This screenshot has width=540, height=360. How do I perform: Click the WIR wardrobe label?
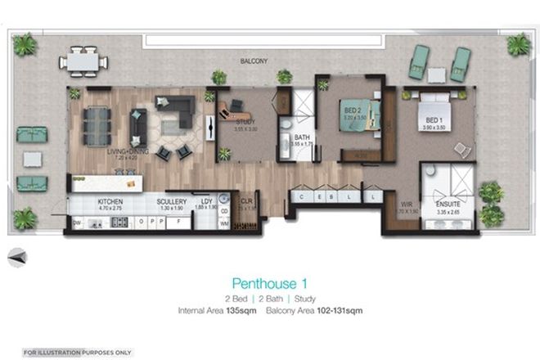coord(403,204)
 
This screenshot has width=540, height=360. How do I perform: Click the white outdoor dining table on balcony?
coord(82,60)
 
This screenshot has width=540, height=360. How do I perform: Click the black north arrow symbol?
coord(17,258)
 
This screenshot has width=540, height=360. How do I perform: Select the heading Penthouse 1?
coord(269,283)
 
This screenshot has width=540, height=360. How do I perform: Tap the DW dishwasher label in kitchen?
coord(76,222)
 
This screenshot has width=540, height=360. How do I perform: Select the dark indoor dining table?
coord(97,125)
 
